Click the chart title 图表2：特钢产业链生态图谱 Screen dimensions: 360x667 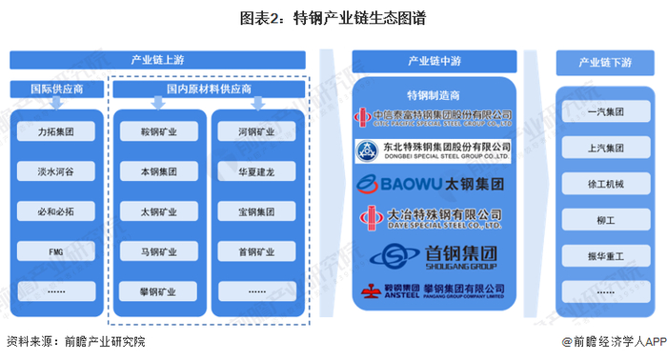(333, 17)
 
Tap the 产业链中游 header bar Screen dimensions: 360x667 (434, 60)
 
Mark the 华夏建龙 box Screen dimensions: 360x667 (256, 172)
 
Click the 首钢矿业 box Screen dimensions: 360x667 (256, 253)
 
